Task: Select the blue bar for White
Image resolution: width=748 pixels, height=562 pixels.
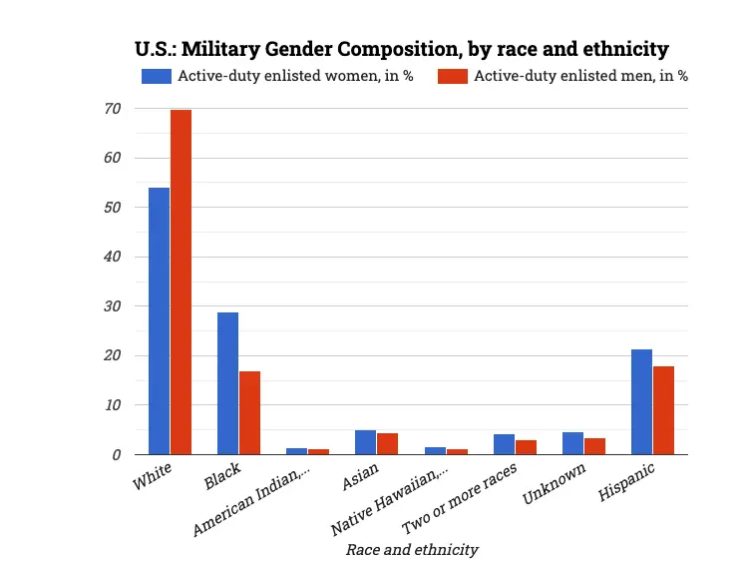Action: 159,320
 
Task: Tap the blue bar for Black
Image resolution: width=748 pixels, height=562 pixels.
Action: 227,383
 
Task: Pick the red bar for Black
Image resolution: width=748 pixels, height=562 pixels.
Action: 249,412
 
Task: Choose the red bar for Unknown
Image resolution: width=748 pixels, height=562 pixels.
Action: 594,446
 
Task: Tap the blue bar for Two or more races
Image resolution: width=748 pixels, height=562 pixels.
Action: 504,444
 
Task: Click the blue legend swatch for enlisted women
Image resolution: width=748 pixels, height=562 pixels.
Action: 157,76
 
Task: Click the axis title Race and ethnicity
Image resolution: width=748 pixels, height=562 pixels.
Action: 411,549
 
